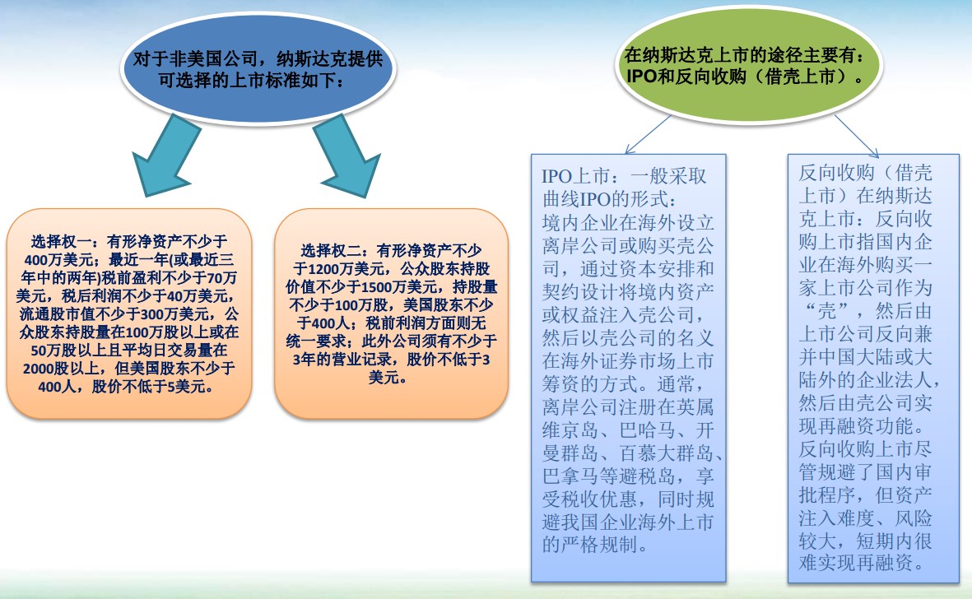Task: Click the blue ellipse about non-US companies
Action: [258, 69]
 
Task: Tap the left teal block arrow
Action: [162, 155]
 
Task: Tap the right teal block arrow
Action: [347, 155]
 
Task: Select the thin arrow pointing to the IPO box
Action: [648, 134]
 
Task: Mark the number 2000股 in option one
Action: [44, 368]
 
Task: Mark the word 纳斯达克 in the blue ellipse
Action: [312, 59]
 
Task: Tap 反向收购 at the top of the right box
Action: [836, 172]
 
